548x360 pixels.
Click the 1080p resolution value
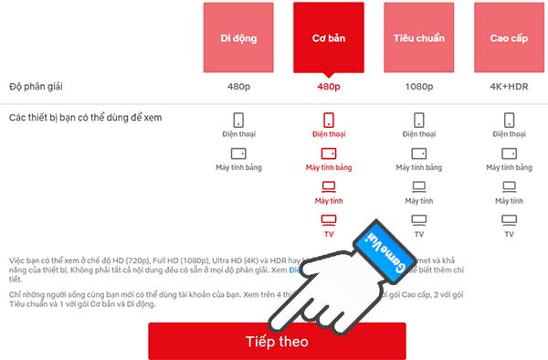[418, 87]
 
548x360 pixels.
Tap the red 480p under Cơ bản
[328, 87]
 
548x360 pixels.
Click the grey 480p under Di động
[237, 87]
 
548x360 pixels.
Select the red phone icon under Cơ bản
[328, 120]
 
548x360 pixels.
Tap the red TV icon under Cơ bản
[328, 220]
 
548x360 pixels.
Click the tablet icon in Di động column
[237, 153]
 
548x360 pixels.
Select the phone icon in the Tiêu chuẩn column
[418, 120]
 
